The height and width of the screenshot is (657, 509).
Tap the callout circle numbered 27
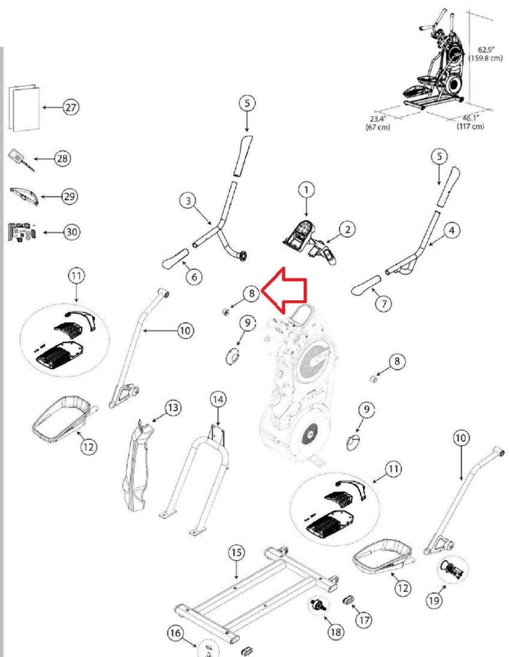(71, 107)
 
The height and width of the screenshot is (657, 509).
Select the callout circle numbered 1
(306, 190)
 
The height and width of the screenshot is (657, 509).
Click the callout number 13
(173, 408)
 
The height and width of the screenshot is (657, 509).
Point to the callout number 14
(218, 399)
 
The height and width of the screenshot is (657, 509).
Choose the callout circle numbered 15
(236, 553)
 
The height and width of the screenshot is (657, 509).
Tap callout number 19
(434, 601)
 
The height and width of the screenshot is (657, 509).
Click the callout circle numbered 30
(71, 232)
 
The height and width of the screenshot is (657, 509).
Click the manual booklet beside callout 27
(24, 108)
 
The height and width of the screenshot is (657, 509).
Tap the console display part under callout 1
(299, 234)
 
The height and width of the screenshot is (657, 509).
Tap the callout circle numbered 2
(348, 229)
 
